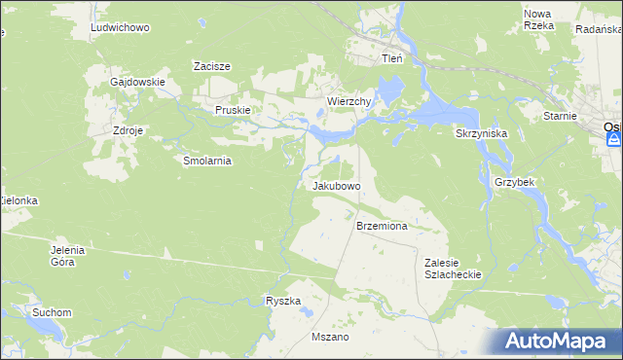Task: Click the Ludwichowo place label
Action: [119, 28]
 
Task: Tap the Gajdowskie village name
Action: [137, 83]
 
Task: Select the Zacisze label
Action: [211, 66]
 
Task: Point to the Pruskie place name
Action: [234, 111]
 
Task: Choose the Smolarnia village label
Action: [206, 162]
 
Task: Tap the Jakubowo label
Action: [337, 185]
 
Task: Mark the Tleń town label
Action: [391, 58]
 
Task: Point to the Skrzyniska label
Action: [480, 133]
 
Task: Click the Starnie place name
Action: [561, 116]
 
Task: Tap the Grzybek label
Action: [517, 182]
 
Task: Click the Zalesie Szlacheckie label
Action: [453, 269]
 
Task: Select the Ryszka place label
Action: [283, 302]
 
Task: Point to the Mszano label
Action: [329, 337]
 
